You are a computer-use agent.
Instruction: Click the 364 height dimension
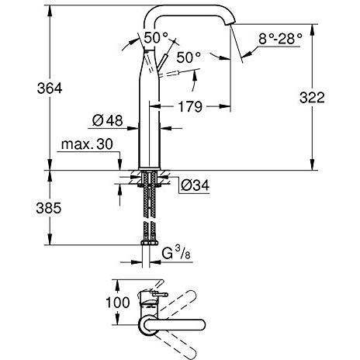pos(50,88)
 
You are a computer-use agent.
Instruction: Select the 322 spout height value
pos(312,98)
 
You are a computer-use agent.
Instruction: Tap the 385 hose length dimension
pos(49,208)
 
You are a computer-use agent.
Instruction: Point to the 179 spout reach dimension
pos(190,106)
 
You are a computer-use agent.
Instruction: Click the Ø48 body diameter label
pos(107,120)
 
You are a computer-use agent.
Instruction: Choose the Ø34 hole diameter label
pos(195,185)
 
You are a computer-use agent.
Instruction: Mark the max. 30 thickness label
pos(87,144)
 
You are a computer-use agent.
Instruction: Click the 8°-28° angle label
pos(280,39)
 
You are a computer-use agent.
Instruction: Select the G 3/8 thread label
pos(176,253)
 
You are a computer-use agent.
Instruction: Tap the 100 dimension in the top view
pos(118,303)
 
